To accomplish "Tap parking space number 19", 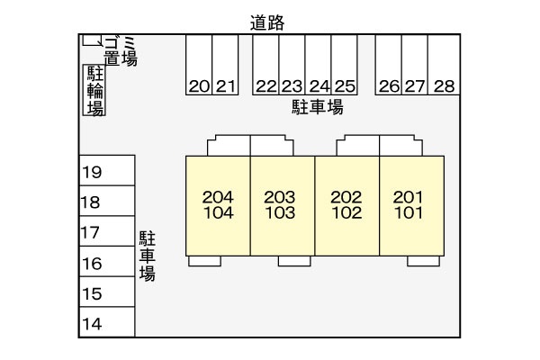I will (106, 172).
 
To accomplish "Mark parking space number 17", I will (106, 232).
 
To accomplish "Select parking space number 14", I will (106, 323).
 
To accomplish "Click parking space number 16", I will (106, 263).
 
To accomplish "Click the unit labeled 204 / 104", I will (218, 205).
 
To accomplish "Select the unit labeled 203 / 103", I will (281, 205).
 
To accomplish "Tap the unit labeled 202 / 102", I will (346, 205).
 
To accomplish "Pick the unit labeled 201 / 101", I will (409, 205).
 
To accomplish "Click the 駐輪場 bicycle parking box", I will (94, 91).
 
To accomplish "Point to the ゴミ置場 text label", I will (120, 50).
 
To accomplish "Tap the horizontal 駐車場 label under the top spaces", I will (317, 108).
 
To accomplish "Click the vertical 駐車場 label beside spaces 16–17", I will (147, 256).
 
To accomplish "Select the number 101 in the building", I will (409, 214).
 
